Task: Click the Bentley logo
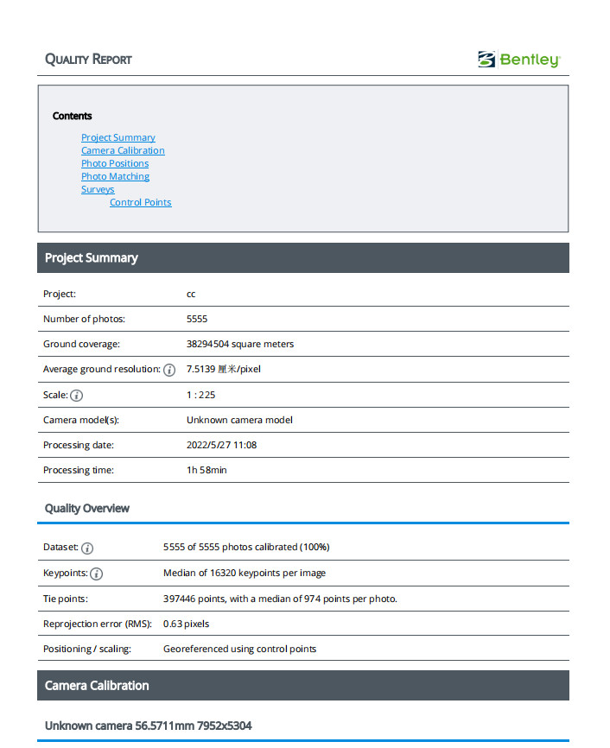(518, 60)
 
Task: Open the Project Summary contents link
(118, 137)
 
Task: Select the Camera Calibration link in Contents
(123, 150)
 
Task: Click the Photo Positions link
(115, 163)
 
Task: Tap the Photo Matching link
(115, 176)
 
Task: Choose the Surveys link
(98, 189)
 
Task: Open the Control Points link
(140, 202)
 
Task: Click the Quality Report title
(88, 60)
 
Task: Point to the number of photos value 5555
(197, 319)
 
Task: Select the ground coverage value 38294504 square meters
(240, 344)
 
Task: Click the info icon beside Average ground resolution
(169, 370)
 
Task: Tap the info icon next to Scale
(77, 396)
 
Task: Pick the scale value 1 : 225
(200, 395)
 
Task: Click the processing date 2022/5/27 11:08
(221, 445)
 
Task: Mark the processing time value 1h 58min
(207, 470)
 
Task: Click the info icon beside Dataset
(87, 548)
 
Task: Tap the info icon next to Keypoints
(97, 574)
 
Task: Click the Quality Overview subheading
(87, 508)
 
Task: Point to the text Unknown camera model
(239, 420)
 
